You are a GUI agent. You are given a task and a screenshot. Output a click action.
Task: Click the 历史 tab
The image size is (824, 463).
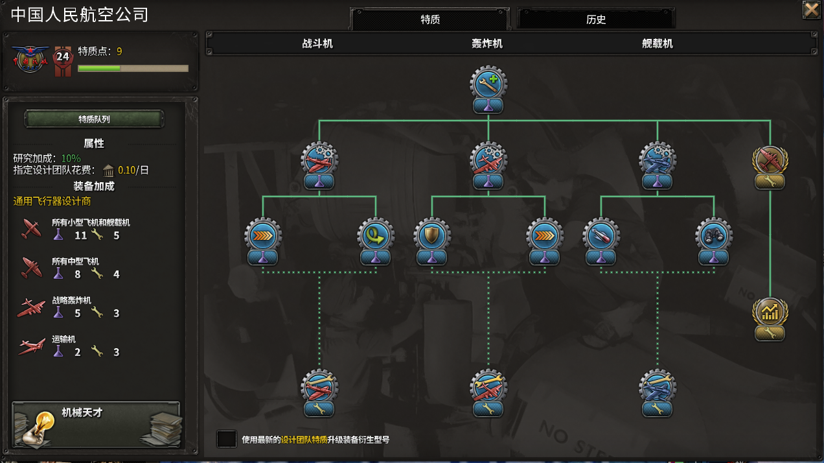(595, 19)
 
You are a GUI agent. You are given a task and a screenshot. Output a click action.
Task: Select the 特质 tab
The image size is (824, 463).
(430, 19)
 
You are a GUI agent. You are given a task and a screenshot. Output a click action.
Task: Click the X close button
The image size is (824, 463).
(811, 10)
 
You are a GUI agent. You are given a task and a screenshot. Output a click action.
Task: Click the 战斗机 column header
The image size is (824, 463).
(317, 43)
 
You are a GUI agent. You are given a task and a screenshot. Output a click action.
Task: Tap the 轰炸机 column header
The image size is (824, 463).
(487, 43)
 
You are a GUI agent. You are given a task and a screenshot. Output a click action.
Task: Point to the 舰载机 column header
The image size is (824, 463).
(658, 43)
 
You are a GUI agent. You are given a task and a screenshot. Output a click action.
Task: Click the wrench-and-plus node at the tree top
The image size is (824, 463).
(488, 84)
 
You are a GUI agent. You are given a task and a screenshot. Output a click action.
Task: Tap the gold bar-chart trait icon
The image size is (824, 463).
(770, 312)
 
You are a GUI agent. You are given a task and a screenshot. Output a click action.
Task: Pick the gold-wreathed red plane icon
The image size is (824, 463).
(770, 160)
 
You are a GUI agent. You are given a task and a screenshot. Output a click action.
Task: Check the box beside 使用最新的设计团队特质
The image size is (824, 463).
(226, 439)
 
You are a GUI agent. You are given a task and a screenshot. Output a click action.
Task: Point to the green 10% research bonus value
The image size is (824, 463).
(71, 158)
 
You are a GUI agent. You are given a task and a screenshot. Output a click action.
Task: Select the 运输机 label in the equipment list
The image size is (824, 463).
(63, 339)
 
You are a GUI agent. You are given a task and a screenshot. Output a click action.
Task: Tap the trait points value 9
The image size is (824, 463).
(119, 51)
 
